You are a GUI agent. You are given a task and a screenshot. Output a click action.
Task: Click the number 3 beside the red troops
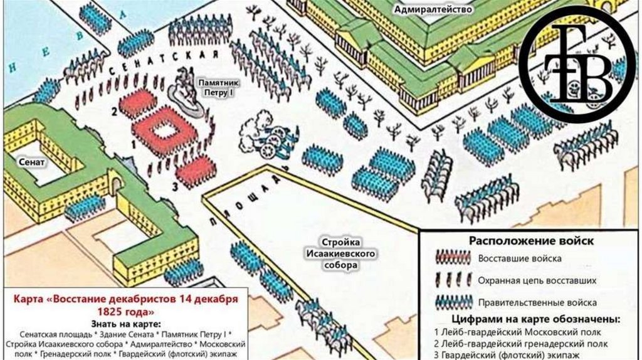click(176, 186)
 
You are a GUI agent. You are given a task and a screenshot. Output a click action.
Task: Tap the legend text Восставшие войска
click(520, 258)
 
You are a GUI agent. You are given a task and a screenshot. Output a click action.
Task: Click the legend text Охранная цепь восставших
click(537, 280)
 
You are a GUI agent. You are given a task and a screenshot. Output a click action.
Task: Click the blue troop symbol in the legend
click(453, 302)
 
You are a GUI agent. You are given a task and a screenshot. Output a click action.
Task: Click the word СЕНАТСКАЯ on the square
click(165, 65)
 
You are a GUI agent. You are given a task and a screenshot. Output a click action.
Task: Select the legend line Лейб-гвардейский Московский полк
click(517, 332)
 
